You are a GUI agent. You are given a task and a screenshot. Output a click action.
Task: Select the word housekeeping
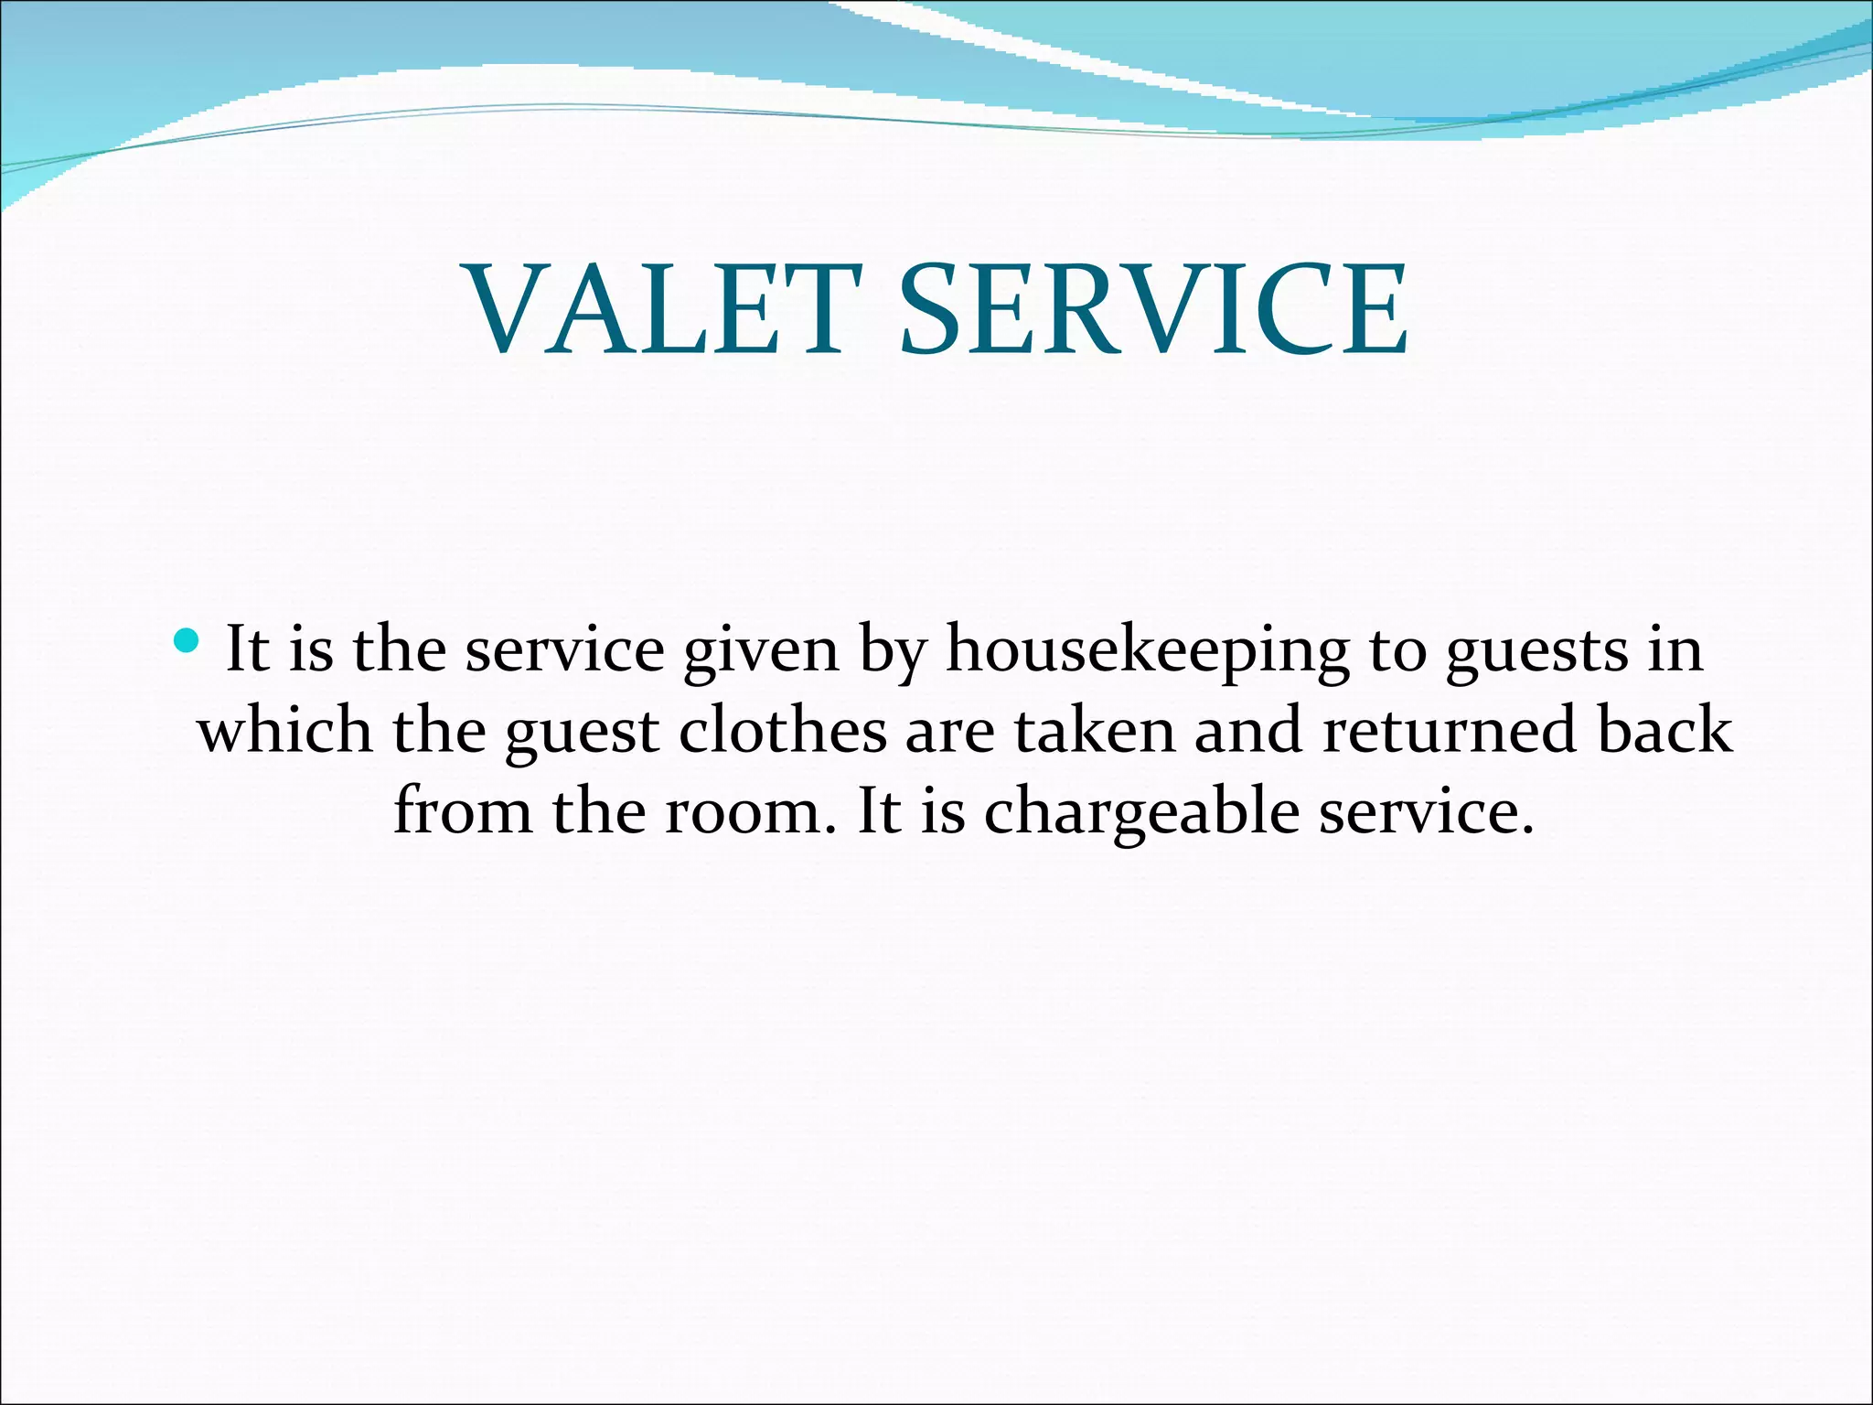coord(1147,652)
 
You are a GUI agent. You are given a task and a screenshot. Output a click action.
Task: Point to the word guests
coord(1536,652)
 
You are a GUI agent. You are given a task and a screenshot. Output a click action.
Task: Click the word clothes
coord(783,732)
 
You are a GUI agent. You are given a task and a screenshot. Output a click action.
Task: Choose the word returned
coord(1450,732)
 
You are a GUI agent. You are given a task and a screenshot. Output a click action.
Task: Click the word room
coord(744,812)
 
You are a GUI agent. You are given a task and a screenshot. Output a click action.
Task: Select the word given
coord(761,652)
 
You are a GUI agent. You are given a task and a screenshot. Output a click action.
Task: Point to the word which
coord(285,732)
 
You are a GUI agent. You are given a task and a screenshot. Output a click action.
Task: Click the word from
coord(462,812)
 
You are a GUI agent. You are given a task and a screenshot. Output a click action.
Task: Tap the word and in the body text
coord(1248,732)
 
